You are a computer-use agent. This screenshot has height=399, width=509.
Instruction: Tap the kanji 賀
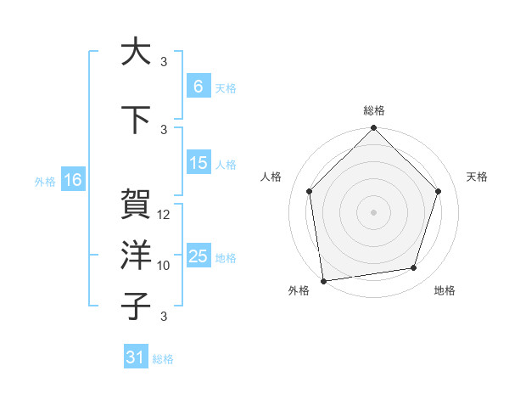coord(136,205)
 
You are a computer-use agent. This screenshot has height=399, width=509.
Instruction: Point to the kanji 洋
coord(136,256)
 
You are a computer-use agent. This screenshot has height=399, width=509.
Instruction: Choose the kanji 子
coord(136,306)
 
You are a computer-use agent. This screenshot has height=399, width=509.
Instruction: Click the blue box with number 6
coord(199,87)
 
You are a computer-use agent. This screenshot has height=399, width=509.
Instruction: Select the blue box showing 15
coord(199,164)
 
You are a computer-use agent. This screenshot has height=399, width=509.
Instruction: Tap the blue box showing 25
coord(199,257)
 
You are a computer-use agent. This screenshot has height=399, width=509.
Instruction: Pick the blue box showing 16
coord(73,180)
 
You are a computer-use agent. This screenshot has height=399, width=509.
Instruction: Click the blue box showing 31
coord(136,357)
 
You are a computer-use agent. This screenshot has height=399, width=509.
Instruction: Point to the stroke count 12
coord(165,215)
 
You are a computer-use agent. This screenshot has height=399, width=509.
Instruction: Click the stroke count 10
coord(165,266)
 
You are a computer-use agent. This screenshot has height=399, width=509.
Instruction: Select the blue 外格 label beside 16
coord(45,181)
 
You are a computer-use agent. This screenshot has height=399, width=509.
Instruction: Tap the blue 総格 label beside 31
coord(163,359)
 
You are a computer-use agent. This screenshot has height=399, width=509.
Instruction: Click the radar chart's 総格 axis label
coord(374,110)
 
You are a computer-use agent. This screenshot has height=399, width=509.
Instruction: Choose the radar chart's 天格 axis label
coord(478,177)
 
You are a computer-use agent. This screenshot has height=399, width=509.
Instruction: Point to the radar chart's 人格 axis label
coord(271,177)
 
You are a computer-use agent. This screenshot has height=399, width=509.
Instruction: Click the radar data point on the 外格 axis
coord(323,280)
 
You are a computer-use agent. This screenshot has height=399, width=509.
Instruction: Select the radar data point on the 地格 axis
coord(414,268)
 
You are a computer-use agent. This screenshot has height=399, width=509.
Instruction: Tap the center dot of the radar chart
coord(374,211)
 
